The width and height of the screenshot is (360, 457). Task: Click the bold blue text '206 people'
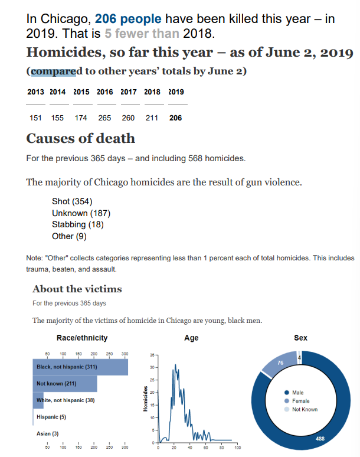(124, 18)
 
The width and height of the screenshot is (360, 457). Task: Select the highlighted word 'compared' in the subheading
(53, 71)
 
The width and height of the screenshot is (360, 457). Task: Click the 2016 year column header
(104, 92)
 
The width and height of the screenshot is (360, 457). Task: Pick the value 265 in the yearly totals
(104, 117)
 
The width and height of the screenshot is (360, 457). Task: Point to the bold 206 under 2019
(175, 117)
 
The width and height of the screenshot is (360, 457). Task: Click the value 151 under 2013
(36, 117)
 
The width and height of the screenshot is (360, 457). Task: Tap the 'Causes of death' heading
(81, 139)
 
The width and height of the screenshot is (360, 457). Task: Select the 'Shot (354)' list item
(72, 202)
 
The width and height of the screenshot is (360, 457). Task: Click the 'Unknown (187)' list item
(81, 213)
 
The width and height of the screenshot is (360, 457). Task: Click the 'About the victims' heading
(77, 289)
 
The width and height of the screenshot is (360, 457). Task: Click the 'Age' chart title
(191, 338)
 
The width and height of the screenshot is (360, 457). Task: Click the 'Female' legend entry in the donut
(304, 401)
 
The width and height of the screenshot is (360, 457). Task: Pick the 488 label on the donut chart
(320, 438)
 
